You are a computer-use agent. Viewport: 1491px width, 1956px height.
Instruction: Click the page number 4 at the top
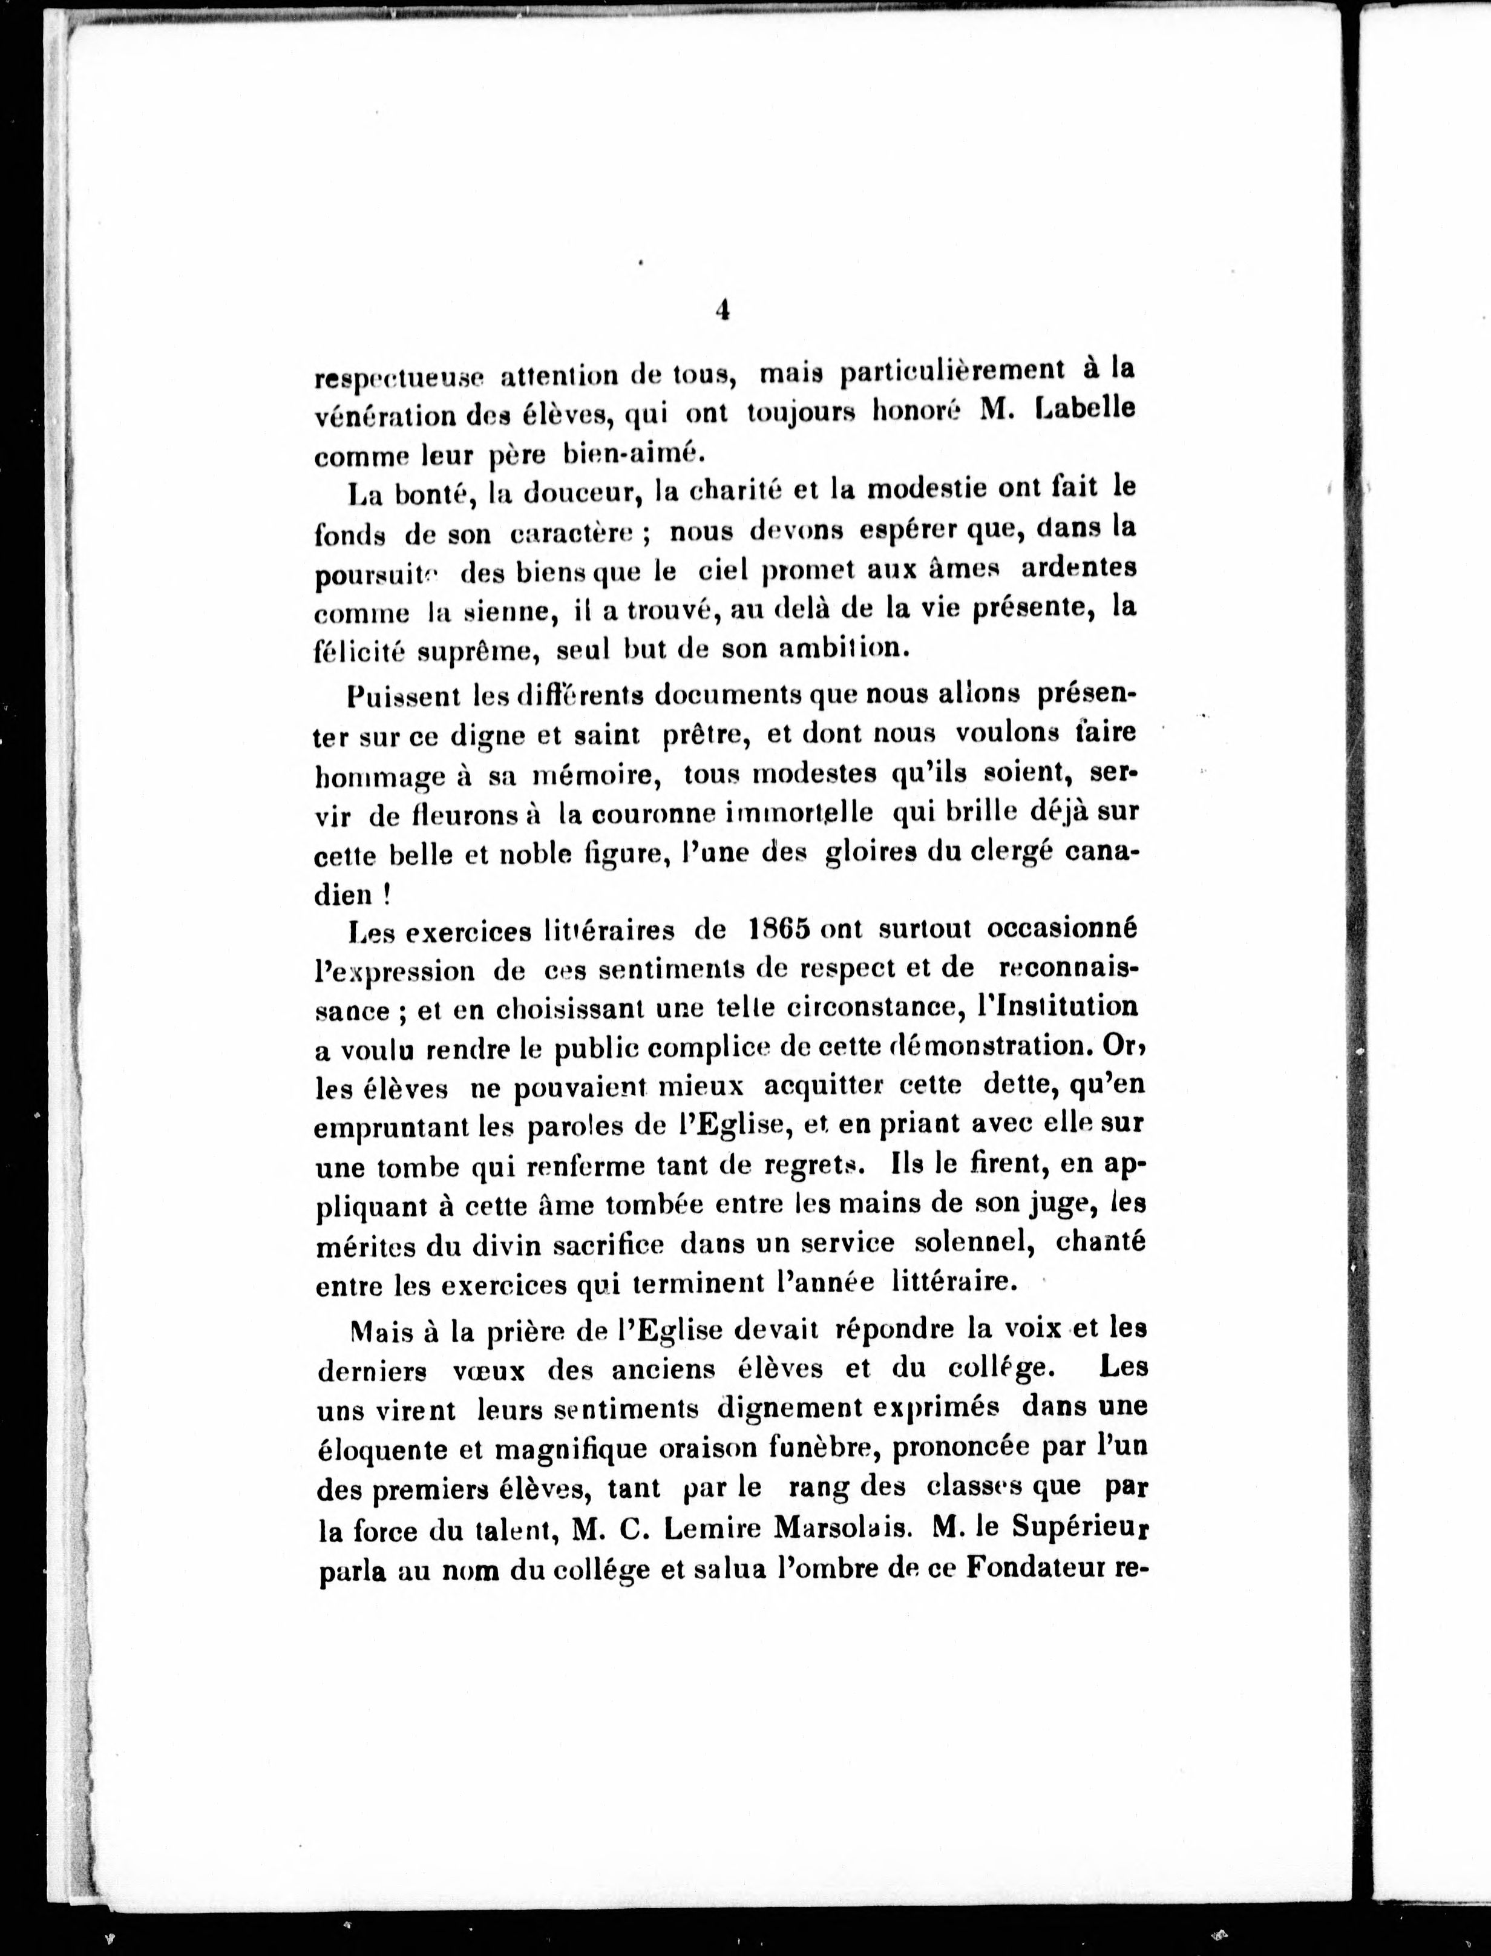(x=721, y=310)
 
